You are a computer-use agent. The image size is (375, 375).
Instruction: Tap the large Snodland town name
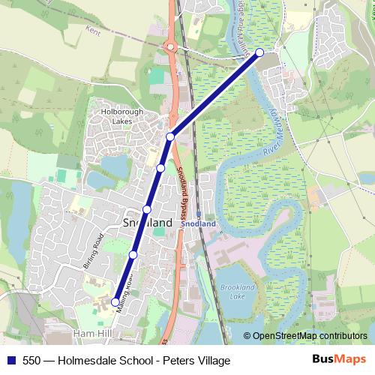point(147,223)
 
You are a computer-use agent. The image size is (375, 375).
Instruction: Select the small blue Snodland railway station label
point(199,223)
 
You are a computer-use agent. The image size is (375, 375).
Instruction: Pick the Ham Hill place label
point(92,331)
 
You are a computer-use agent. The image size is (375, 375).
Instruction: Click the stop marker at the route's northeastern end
point(259,52)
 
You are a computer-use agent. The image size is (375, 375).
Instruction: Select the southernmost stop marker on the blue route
point(115,302)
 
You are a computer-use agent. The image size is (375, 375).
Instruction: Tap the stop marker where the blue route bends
point(170,136)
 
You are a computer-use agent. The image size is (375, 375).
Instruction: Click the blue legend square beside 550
point(10,361)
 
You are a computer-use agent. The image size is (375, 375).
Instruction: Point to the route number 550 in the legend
point(31,361)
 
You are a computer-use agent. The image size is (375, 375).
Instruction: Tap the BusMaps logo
point(339,360)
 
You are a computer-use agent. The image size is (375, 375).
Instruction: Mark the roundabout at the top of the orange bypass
point(172,46)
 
